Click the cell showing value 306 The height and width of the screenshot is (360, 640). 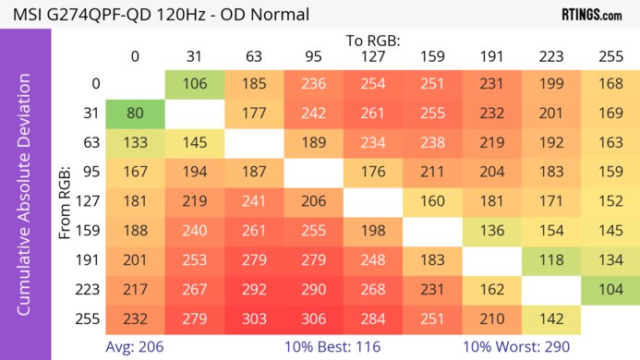tap(313, 318)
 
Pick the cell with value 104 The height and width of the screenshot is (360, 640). tap(610, 289)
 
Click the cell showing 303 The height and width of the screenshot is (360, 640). tap(254, 318)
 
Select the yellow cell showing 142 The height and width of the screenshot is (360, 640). tap(550, 318)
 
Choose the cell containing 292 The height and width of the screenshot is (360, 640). tap(254, 289)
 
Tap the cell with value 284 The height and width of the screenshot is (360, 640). tap(372, 318)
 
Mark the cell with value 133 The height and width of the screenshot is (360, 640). tap(135, 144)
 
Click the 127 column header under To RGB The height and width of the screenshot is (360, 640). tap(372, 56)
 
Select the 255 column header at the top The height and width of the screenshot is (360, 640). tap(610, 56)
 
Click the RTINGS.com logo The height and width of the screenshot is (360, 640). tap(592, 15)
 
